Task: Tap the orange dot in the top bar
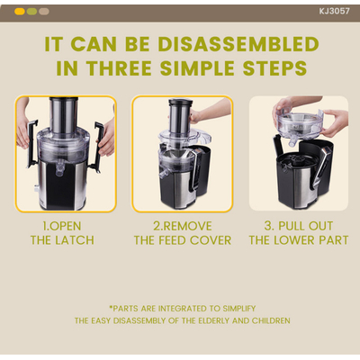(x=20, y=12)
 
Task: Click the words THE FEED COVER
(x=183, y=240)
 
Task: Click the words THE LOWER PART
(x=298, y=240)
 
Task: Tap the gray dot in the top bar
(x=44, y=12)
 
